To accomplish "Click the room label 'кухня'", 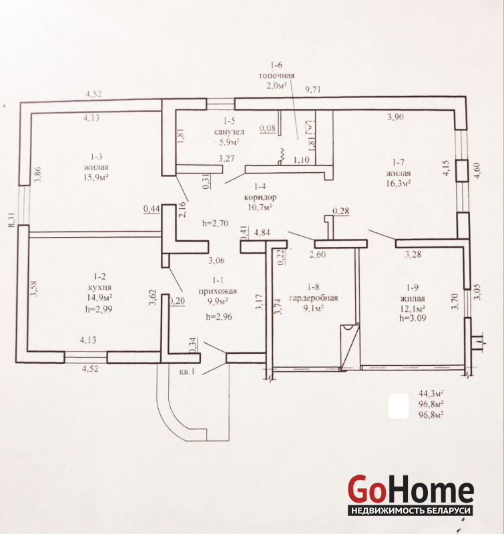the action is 99,287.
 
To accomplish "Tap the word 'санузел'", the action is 229,131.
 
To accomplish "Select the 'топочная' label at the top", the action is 276,75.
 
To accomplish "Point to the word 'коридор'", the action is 260,197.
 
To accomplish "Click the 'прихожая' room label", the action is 218,291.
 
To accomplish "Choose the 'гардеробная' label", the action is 313,298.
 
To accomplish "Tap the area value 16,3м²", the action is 398,183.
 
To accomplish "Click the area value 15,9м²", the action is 96,177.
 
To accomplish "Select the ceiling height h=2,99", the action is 99,309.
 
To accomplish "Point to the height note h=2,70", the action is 215,224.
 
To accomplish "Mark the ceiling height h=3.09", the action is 413,318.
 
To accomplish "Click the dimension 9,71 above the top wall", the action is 313,90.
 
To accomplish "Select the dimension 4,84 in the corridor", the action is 262,232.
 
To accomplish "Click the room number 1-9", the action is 412,288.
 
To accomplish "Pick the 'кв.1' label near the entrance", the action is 187,372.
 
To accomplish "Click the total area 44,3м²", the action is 431,393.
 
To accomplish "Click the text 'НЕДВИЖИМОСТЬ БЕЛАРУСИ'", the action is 411,511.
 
